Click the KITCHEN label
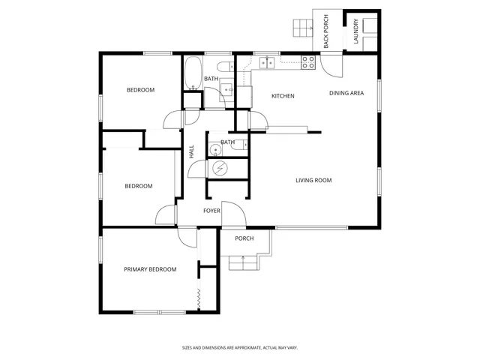(283, 96)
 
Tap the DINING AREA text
(346, 93)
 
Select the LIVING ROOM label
(313, 180)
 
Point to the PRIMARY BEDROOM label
(150, 269)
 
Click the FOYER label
(211, 211)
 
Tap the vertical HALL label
(192, 150)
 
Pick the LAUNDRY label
(355, 31)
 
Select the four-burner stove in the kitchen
(307, 63)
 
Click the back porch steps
(302, 28)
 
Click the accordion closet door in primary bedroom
(199, 298)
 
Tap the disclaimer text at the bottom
(239, 347)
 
